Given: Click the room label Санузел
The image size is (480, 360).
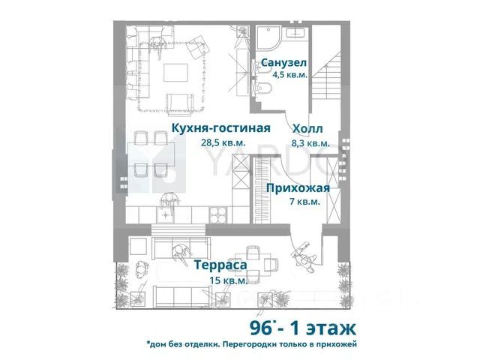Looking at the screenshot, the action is click(283, 63).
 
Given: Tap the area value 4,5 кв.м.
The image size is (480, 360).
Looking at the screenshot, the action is click(290, 75).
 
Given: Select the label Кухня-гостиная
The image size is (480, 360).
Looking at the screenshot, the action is click(221, 128).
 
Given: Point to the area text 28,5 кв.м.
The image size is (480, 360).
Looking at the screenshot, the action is click(223, 142).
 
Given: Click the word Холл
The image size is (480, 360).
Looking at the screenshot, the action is click(307, 129).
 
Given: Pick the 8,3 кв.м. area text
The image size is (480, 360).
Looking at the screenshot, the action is click(310, 143).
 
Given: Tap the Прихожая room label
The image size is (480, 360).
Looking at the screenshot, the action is click(298, 188).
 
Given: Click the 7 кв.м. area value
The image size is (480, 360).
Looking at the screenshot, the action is click(305, 202).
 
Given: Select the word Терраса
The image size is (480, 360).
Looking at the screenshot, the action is click(220, 265).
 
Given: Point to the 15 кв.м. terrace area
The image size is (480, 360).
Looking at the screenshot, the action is click(228, 280).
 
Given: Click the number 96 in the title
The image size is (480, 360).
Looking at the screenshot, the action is click(260, 328).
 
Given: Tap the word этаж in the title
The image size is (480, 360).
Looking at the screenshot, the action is click(331, 328).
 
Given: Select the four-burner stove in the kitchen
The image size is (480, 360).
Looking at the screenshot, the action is click(218, 215).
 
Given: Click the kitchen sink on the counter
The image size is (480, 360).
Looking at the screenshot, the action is click(166, 215).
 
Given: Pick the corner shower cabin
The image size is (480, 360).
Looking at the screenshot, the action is click(268, 38).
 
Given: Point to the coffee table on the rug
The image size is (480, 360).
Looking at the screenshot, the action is click(175, 73).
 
